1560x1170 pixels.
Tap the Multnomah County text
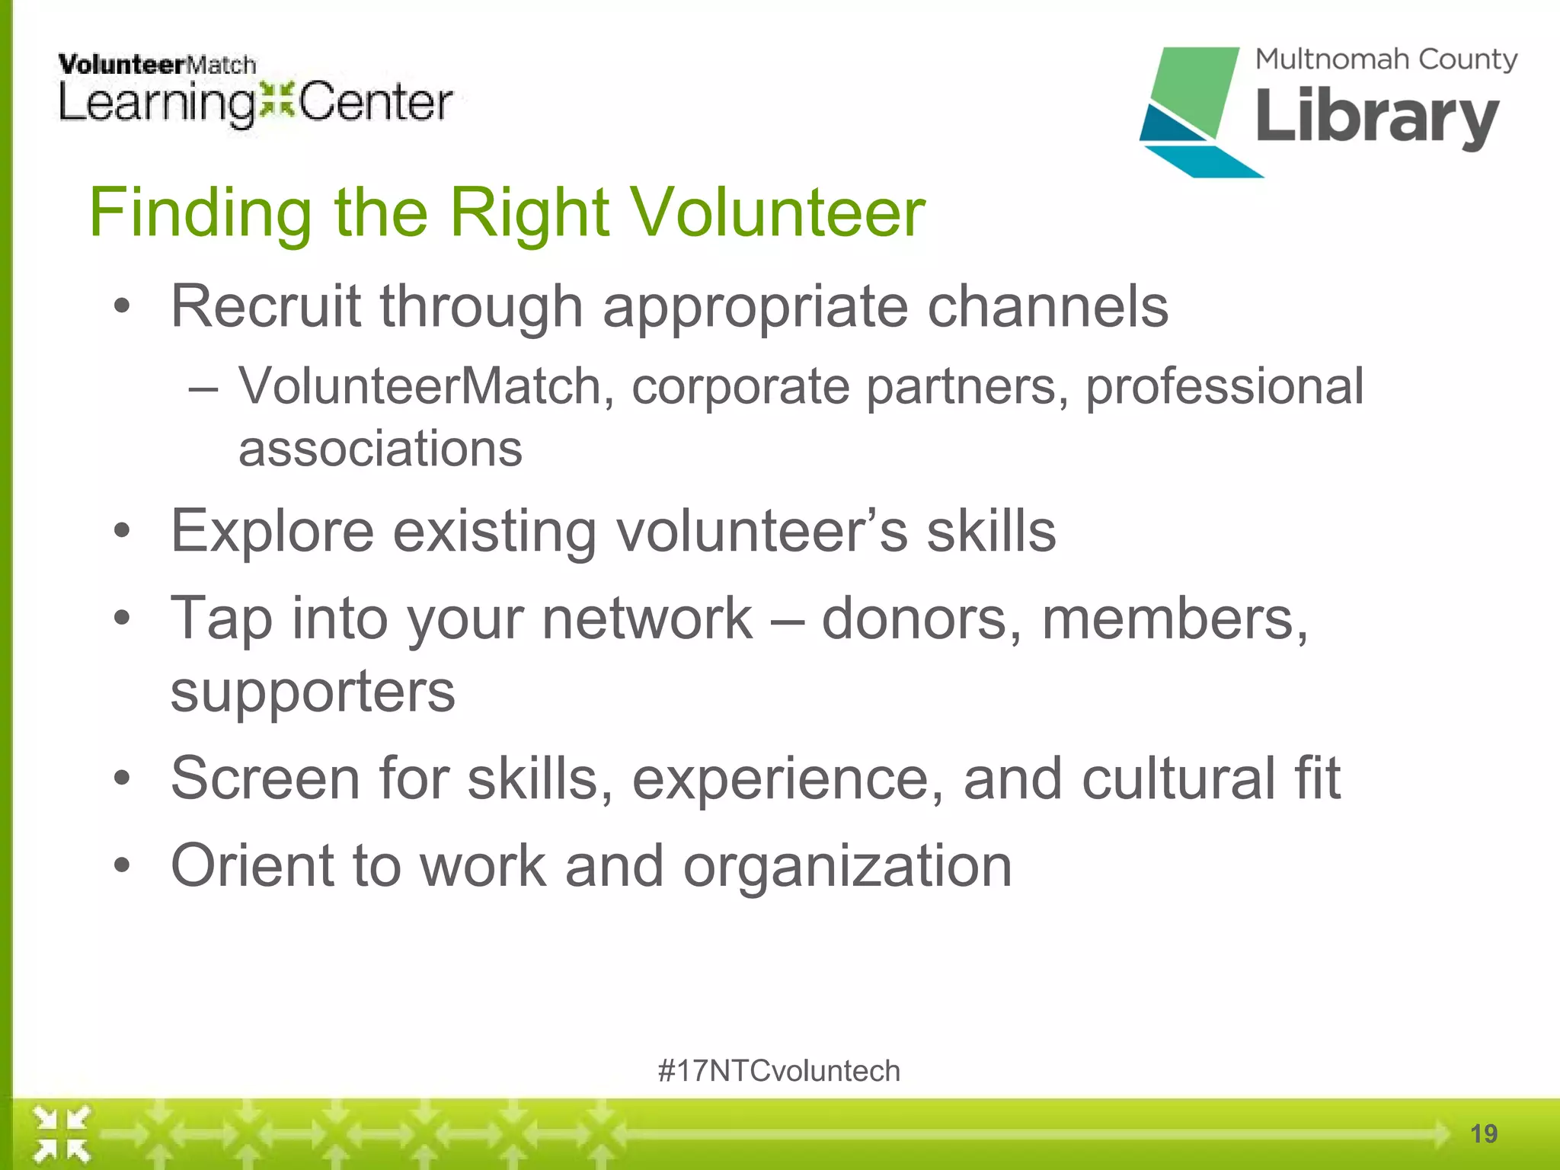pos(1386,59)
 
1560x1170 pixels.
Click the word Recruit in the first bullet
pos(265,306)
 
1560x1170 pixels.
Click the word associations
pos(380,449)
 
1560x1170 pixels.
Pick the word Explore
pos(272,531)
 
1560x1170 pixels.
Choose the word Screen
pos(265,778)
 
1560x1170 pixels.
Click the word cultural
pos(1178,778)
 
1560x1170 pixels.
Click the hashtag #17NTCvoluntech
pos(778,1071)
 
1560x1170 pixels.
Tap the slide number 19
pos(1483,1133)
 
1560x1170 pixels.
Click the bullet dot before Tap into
pos(122,618)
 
